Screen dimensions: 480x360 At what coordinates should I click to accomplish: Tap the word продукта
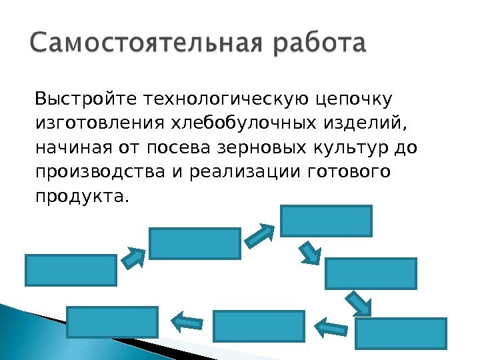(79, 196)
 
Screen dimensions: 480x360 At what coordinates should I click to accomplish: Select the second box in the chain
(195, 243)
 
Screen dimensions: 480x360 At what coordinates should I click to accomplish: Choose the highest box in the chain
(326, 221)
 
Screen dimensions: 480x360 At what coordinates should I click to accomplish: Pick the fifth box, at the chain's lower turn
(401, 333)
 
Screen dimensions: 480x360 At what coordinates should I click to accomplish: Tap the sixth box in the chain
(259, 326)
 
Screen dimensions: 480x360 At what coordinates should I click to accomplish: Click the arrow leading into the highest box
(260, 233)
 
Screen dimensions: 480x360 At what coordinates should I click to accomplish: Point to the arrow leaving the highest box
(310, 252)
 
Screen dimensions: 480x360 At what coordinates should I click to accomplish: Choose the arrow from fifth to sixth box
(330, 327)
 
